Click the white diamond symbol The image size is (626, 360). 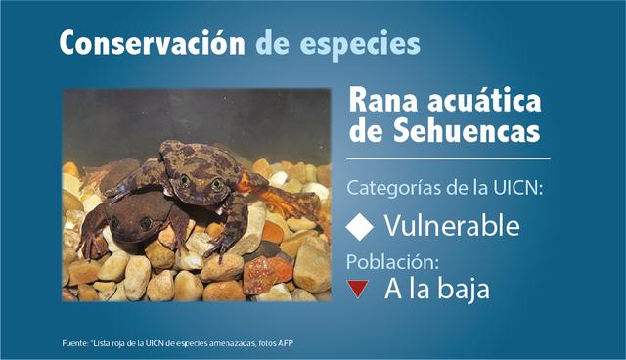[x=361, y=227]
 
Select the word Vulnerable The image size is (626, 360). [x=451, y=226]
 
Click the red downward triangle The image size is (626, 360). [x=359, y=288]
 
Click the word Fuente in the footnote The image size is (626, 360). [x=73, y=343]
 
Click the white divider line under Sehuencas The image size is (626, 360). [x=449, y=157]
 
